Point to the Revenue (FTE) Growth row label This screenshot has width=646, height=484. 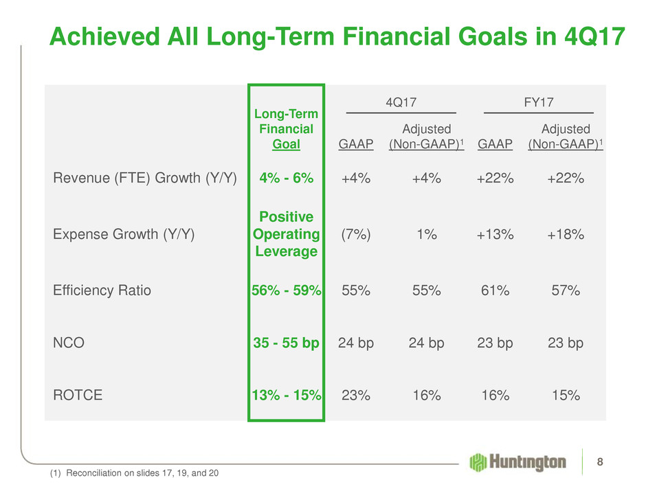point(145,178)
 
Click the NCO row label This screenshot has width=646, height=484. point(69,342)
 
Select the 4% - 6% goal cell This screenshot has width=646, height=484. point(286,178)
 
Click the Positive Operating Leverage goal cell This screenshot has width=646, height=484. point(286,234)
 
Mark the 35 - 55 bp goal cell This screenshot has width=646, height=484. point(286,342)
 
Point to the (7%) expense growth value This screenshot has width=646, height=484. point(356,234)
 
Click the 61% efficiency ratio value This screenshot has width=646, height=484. point(495,290)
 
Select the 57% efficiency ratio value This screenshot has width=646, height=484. point(566,290)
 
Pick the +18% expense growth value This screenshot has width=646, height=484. point(566,234)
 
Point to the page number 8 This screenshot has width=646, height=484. point(601,461)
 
